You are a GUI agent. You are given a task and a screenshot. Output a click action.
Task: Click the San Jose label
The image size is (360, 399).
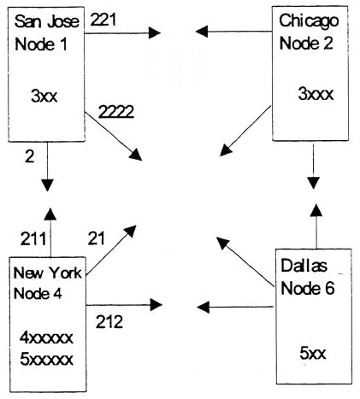(47, 21)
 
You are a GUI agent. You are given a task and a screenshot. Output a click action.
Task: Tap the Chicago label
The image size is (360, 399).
(309, 21)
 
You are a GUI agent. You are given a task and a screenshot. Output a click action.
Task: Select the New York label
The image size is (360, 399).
(48, 273)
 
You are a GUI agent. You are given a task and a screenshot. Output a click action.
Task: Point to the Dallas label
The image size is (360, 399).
(304, 266)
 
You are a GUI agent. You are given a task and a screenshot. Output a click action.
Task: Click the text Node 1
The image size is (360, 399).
(41, 44)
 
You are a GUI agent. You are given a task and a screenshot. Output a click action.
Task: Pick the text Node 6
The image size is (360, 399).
(308, 288)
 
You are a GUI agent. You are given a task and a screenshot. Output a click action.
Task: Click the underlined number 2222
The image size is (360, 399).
(116, 112)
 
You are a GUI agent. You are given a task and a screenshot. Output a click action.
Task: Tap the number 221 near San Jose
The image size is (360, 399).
(103, 20)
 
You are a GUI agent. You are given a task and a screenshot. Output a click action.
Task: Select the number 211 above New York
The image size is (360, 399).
(33, 238)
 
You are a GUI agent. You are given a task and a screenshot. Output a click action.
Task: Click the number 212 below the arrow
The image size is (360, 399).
(109, 322)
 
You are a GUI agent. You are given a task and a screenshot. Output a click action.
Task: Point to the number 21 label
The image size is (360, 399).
(97, 238)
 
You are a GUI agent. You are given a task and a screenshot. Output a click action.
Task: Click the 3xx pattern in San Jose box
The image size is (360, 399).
(44, 96)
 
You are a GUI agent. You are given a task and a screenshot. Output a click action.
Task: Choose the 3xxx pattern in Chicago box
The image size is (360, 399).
(316, 94)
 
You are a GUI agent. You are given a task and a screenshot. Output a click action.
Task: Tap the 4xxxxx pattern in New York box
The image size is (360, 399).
(46, 337)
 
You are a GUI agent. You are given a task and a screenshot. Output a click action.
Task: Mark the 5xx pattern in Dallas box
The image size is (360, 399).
(313, 353)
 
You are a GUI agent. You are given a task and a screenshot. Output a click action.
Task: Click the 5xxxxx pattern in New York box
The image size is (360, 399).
(46, 360)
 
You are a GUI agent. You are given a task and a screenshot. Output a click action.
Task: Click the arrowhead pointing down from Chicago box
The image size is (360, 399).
(313, 183)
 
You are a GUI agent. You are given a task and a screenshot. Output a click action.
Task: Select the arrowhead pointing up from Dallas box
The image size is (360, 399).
(316, 209)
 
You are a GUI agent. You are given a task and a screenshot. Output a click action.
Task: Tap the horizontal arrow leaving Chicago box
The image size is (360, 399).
(233, 31)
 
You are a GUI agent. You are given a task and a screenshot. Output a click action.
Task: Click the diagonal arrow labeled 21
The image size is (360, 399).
(111, 250)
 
